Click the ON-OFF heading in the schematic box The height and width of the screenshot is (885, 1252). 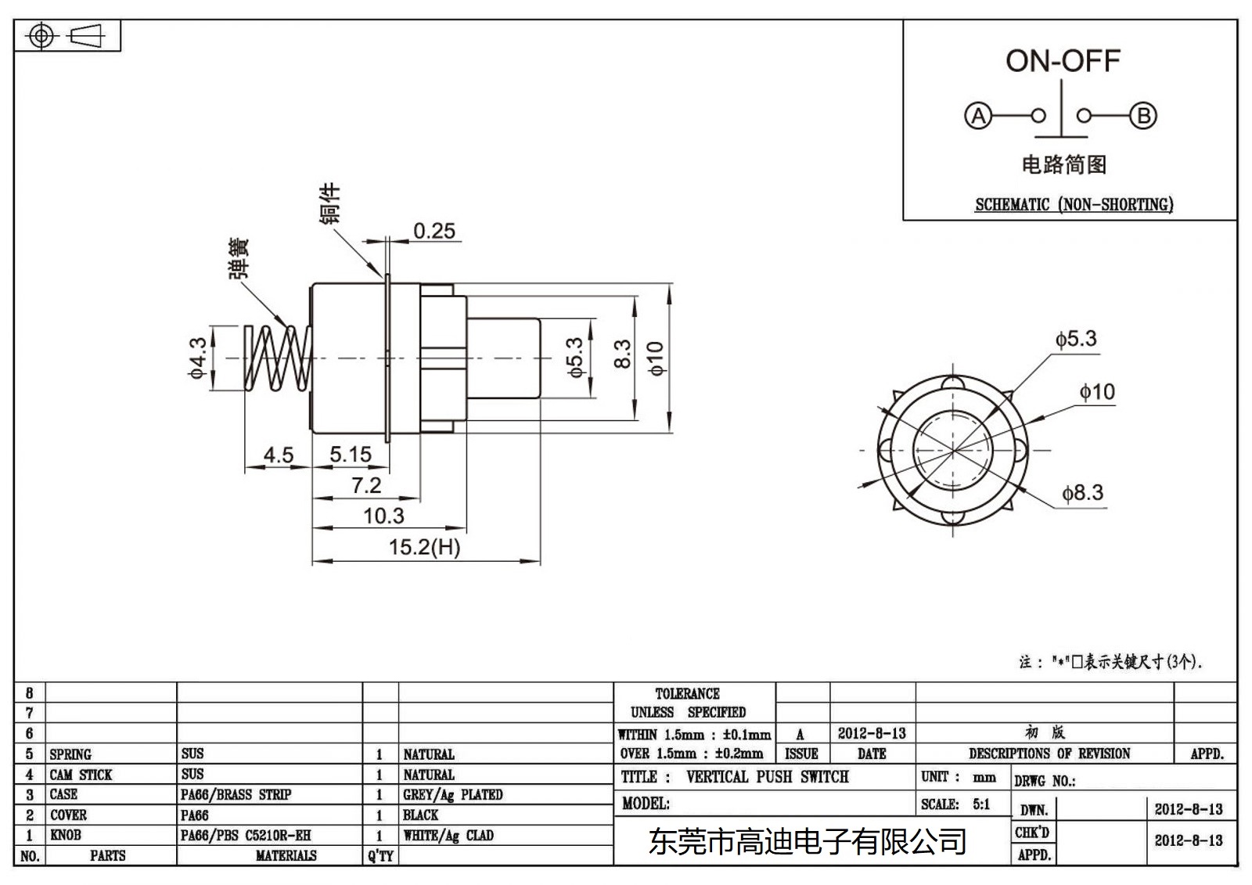(x=1063, y=61)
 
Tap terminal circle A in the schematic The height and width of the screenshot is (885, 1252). (x=977, y=116)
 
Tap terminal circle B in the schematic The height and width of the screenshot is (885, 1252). (x=1143, y=116)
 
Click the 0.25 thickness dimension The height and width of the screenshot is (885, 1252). (x=434, y=231)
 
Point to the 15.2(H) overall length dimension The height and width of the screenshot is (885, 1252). (x=424, y=547)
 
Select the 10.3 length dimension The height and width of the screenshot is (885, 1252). (x=383, y=516)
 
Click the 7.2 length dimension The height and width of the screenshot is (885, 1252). (x=366, y=485)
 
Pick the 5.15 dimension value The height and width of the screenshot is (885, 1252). (x=350, y=455)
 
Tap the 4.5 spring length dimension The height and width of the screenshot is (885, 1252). (x=278, y=455)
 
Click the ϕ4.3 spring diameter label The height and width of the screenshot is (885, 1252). (x=198, y=358)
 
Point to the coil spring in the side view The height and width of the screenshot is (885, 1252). (x=278, y=358)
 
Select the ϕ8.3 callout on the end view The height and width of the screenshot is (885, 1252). (x=1082, y=493)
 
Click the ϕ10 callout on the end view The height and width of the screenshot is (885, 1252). (x=1097, y=392)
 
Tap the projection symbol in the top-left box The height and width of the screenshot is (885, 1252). (x=67, y=36)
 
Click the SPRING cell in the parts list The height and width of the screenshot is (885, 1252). (x=70, y=754)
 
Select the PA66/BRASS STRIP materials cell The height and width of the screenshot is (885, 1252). (x=236, y=795)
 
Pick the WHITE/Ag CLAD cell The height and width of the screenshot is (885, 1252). (x=448, y=836)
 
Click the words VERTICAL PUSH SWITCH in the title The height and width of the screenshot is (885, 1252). (x=767, y=777)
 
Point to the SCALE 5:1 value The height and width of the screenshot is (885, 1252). (x=981, y=804)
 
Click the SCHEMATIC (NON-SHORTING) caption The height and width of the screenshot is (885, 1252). (x=1074, y=205)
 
